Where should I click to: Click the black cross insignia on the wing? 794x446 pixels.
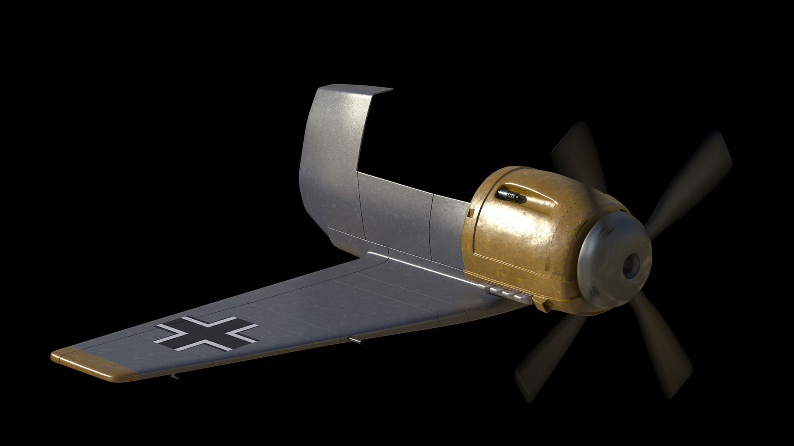[207, 334]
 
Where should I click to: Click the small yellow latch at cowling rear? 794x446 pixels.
[470, 213]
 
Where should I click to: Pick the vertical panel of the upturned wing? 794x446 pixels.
[331, 157]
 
